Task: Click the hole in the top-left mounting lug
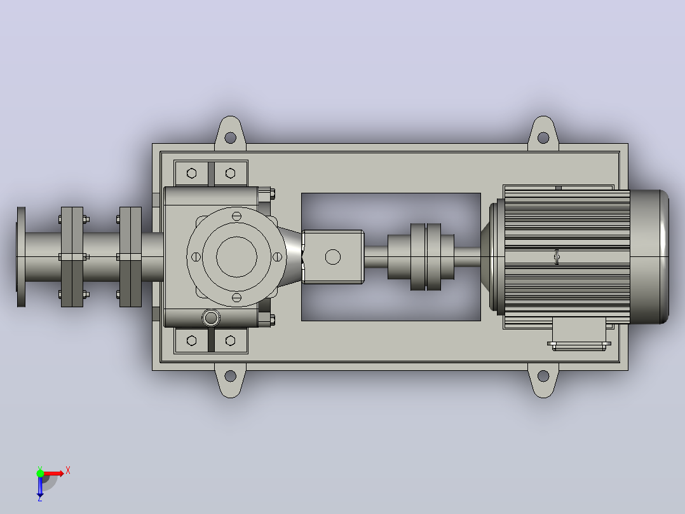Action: tap(230, 138)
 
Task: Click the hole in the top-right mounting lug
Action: tap(543, 138)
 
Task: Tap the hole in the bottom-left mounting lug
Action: tap(230, 376)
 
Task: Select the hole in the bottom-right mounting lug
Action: tap(543, 376)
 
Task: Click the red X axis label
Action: tap(68, 471)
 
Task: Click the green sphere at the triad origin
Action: tap(40, 473)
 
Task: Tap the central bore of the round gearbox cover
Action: tap(236, 257)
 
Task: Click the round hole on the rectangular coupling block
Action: tap(333, 257)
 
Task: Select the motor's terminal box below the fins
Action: tap(579, 333)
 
